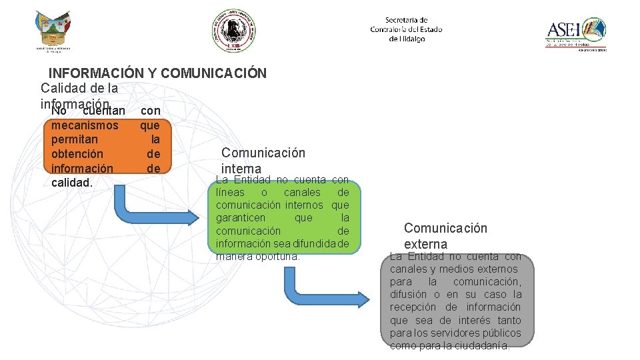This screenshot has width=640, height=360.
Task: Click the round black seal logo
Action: [233, 30]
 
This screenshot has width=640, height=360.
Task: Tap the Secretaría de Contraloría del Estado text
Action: [406, 29]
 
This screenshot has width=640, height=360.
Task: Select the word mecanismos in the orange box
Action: [85, 125]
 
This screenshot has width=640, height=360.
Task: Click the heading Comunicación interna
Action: [263, 160]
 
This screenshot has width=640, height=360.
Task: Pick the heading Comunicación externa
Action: [445, 236]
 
